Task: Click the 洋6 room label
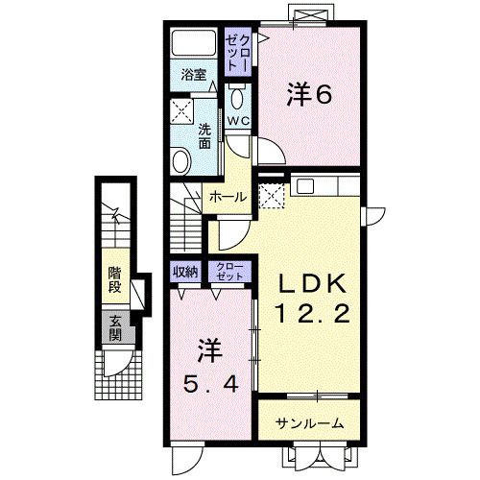308,94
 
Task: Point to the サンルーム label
310,422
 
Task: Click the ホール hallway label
228,197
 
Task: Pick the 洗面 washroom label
204,137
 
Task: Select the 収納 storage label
185,272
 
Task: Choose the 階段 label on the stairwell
114,278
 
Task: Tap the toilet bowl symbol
237,97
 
